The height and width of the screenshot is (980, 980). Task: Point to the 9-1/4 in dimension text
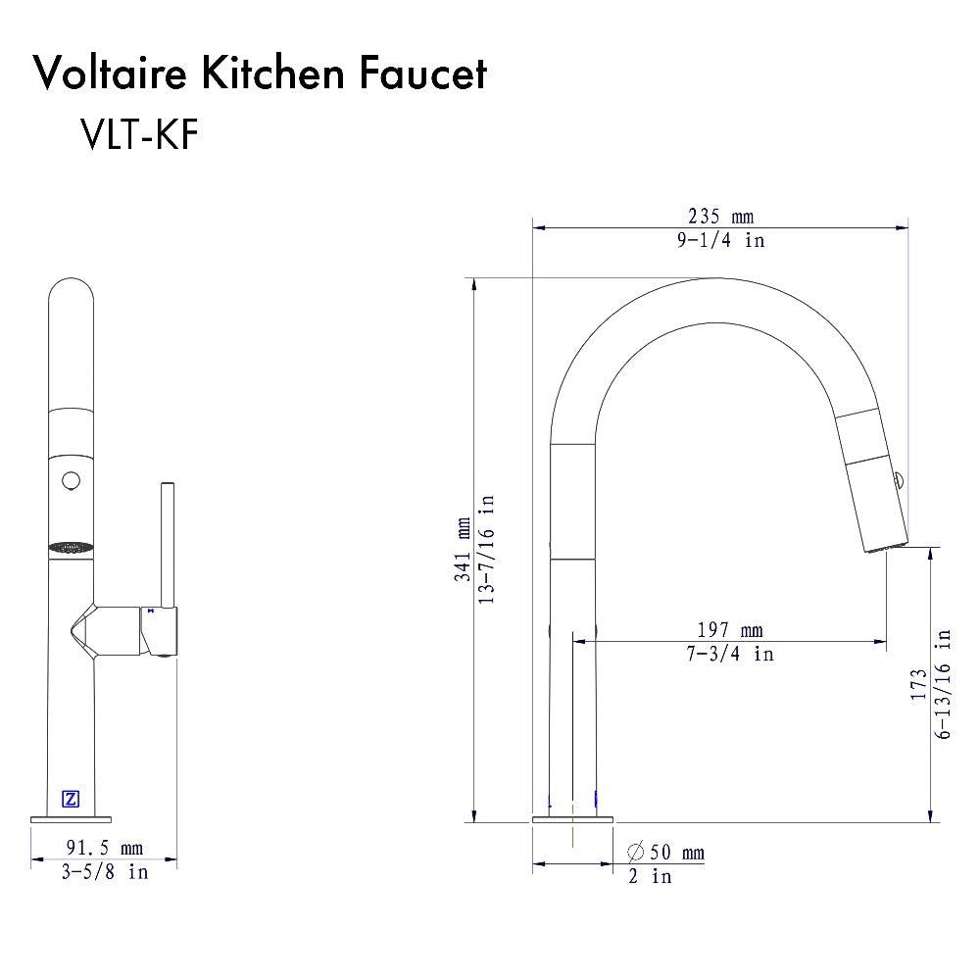click(x=721, y=240)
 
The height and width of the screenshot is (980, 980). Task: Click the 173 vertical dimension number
click(x=918, y=683)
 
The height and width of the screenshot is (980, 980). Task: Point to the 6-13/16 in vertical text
click(x=944, y=683)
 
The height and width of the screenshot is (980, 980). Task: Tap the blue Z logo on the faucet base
click(x=71, y=799)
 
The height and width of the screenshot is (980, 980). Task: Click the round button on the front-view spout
click(x=71, y=480)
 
